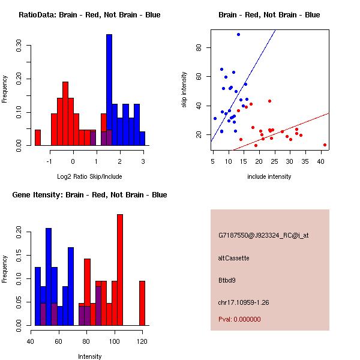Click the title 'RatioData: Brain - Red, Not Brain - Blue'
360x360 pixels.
point(89,15)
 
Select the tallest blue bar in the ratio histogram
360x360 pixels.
point(109,90)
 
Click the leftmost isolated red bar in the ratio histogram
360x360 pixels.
point(38,137)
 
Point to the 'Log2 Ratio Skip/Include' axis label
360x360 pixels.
point(90,176)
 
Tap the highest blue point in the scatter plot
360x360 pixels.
point(238,35)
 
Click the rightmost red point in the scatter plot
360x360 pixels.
point(325,145)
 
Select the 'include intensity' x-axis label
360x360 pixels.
point(269,176)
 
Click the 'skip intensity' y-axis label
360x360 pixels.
point(184,90)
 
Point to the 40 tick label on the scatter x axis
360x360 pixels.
point(321,161)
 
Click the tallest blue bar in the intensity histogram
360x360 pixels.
point(49,277)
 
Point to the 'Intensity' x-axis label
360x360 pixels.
point(90,356)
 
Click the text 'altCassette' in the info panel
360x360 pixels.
point(233,258)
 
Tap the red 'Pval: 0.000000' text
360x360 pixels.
point(239,319)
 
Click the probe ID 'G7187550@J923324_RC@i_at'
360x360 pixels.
point(263,236)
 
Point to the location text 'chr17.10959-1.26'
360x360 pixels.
point(244,302)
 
